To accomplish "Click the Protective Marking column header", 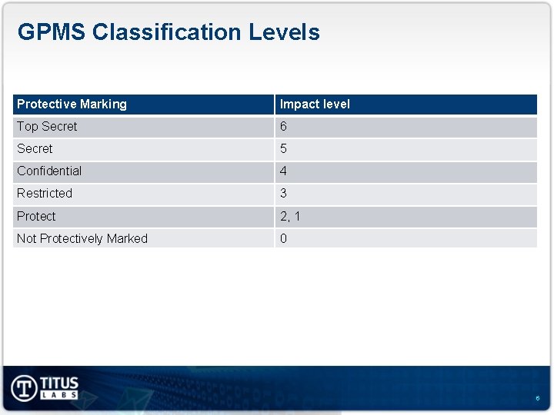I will point(72,104).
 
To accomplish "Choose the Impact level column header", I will point(315,104).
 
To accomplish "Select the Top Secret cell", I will point(47,126).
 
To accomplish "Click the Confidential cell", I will point(49,171).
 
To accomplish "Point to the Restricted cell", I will point(45,193).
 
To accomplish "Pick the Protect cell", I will point(36,216).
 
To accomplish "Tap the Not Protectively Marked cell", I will point(82,238).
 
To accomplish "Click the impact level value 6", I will point(283,126).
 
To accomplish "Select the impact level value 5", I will point(283,148).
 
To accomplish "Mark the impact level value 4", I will point(283,171).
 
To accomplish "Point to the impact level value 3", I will point(283,193).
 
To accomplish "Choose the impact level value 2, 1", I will point(290,216).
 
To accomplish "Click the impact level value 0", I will point(283,238).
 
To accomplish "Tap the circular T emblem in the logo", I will point(25,387).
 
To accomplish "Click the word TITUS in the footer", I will point(59,383).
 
